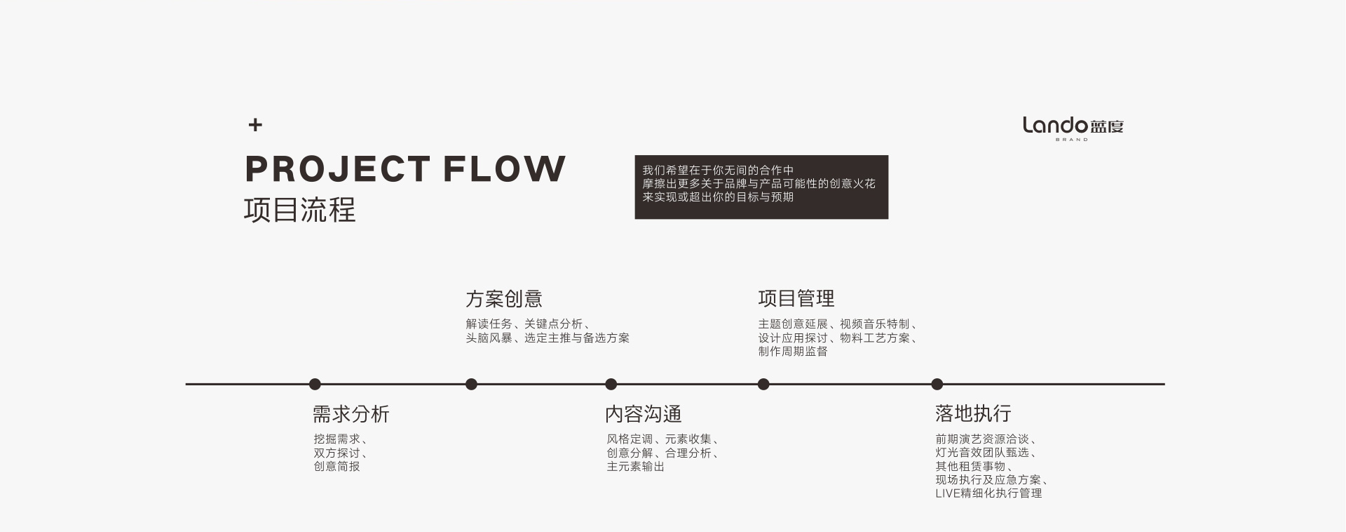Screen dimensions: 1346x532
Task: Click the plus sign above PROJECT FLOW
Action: pos(255,125)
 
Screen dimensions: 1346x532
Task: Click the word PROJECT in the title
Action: pos(337,169)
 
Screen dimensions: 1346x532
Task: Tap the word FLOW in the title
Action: pos(504,169)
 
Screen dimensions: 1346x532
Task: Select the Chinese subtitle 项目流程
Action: pos(300,210)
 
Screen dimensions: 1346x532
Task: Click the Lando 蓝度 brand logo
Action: pos(1073,127)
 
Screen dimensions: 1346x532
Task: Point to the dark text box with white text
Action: pos(761,187)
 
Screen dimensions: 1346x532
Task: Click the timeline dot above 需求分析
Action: pos(315,384)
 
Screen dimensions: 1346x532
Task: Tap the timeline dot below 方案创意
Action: pos(471,384)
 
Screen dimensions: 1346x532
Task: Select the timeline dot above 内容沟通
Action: pos(611,384)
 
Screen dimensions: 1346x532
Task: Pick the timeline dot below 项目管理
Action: pos(763,384)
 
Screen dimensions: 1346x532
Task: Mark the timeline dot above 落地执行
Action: pos(937,384)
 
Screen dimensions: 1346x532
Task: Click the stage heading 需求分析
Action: pos(351,414)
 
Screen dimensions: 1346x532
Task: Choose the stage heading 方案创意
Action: pos(504,299)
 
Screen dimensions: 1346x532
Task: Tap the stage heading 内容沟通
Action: pos(644,414)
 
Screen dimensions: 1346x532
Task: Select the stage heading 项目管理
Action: pos(796,299)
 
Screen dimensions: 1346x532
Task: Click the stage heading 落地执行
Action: pos(973,413)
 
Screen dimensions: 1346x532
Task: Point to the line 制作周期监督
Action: pos(793,351)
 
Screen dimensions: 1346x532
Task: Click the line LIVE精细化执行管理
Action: pos(988,493)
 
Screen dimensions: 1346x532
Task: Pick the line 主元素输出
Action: pos(636,466)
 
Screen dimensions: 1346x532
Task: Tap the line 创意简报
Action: pos(336,466)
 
